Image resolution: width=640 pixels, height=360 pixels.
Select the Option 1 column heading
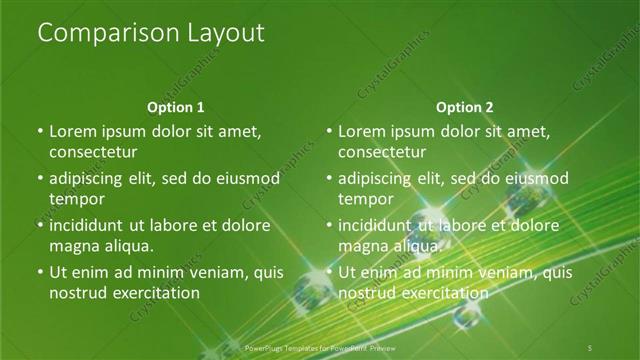click(176, 107)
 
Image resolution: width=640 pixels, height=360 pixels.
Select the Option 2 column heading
click(465, 107)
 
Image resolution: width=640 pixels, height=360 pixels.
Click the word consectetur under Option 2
click(382, 152)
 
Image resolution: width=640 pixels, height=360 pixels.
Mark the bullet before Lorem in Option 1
click(39, 131)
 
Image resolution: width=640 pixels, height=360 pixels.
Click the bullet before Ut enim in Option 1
click(39, 272)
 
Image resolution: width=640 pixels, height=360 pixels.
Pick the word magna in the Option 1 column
click(73, 246)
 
